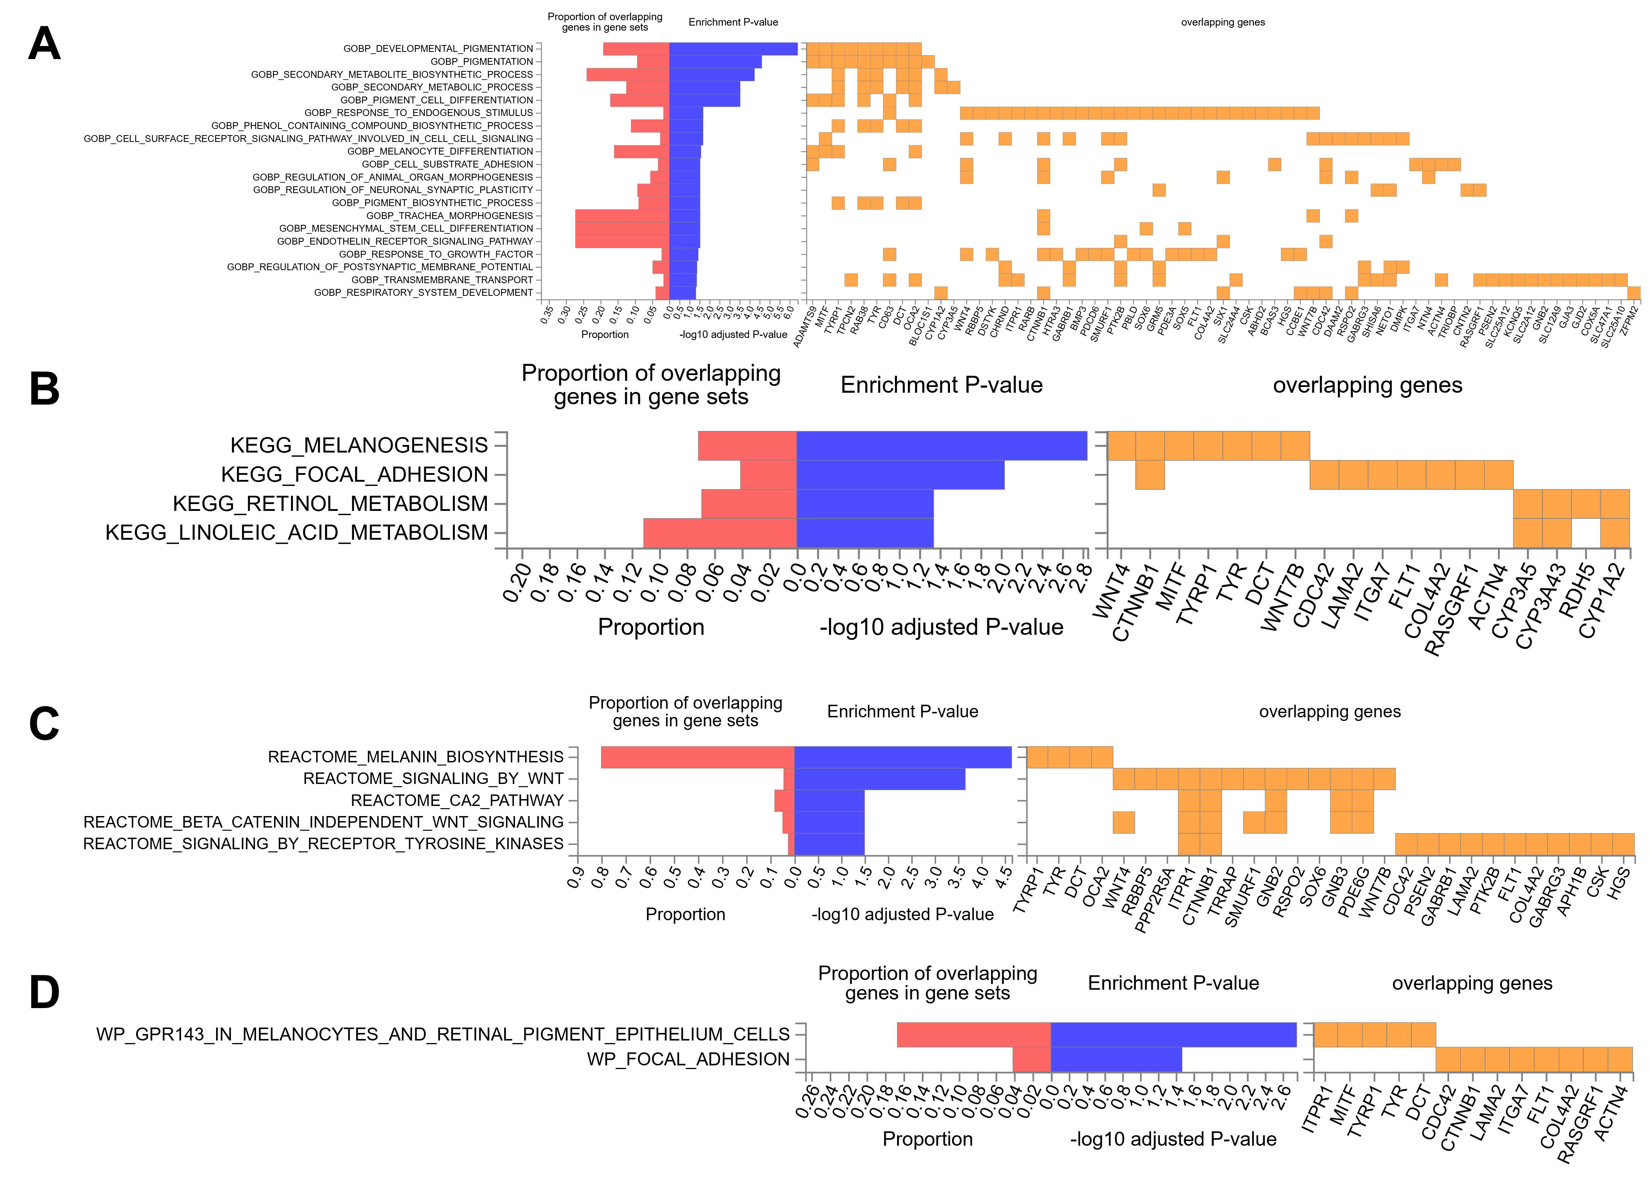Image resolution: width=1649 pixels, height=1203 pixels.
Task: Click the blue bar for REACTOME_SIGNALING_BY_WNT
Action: point(879,779)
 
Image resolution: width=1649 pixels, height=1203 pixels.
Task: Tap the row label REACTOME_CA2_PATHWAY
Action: point(457,800)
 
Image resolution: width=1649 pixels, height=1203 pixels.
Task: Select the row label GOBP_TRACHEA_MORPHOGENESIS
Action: point(449,215)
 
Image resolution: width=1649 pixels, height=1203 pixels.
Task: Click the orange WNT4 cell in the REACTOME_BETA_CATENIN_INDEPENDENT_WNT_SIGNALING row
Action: point(1124,822)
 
